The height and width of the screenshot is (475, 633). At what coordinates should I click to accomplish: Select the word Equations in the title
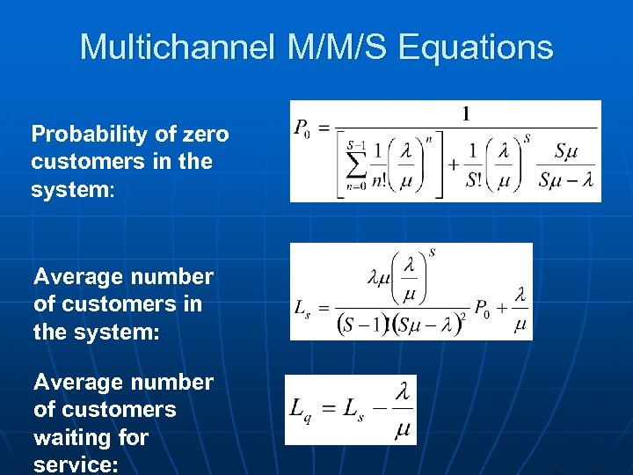click(476, 47)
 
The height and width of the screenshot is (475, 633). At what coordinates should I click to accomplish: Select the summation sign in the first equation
click(355, 163)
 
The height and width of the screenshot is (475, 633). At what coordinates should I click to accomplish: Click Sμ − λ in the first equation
click(565, 180)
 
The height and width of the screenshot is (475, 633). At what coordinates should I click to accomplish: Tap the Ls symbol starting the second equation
click(302, 309)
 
